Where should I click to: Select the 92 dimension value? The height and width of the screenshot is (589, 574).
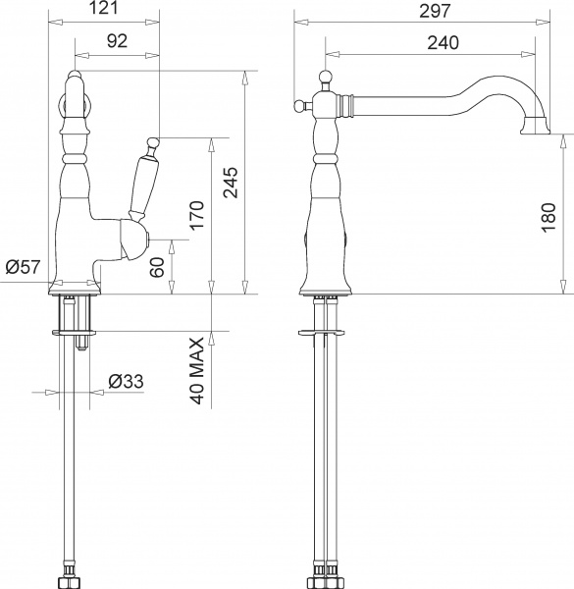click(x=118, y=42)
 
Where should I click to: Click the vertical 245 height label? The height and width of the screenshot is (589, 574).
click(x=232, y=182)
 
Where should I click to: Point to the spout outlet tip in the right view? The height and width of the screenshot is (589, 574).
click(x=539, y=125)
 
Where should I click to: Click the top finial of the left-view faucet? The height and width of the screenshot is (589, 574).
click(x=74, y=76)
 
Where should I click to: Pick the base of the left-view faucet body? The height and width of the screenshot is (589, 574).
click(x=75, y=285)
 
